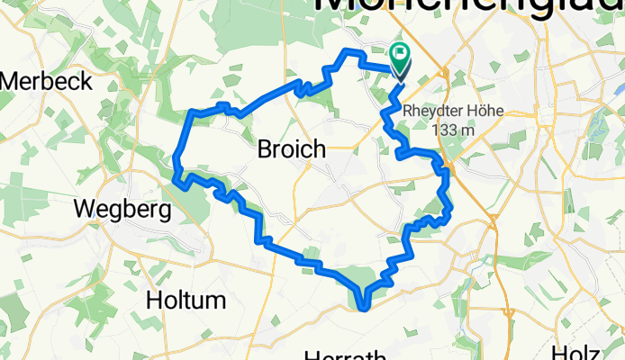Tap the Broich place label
(292, 149)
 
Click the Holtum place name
(187, 299)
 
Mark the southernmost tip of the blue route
(363, 309)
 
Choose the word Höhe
(482, 112)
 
